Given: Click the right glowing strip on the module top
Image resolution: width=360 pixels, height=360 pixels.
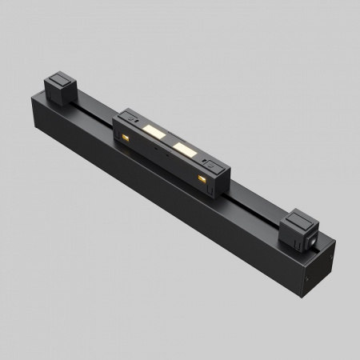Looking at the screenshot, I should tap(184, 149).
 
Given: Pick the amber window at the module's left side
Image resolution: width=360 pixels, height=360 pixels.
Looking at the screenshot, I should tap(126, 142).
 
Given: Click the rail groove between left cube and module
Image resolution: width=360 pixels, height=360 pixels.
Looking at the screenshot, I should tap(94, 106).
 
